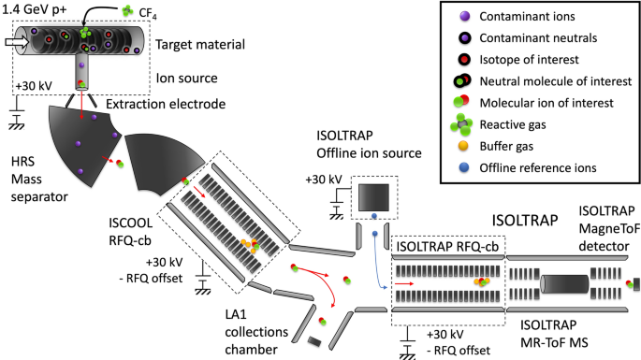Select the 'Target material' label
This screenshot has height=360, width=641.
pyautogui.click(x=205, y=43)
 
